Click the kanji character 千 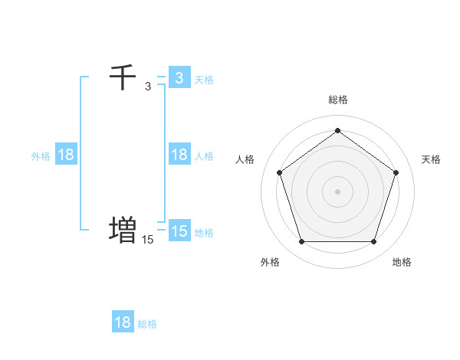click(123, 77)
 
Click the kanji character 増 click(123, 229)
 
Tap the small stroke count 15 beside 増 click(147, 240)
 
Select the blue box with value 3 click(179, 77)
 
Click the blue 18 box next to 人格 click(179, 155)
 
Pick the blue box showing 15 click(179, 231)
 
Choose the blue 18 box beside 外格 click(66, 155)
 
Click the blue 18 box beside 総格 click(123, 322)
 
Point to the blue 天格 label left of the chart click(204, 80)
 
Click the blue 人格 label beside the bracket click(204, 156)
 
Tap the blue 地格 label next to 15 click(204, 233)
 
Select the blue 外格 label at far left click(41, 156)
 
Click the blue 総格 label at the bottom click(147, 324)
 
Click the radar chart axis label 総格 click(337, 100)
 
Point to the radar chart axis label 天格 click(431, 159)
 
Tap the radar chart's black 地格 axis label click(402, 262)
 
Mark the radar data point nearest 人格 click(279, 172)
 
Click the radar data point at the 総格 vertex click(337, 130)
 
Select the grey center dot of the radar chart click(337, 191)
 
